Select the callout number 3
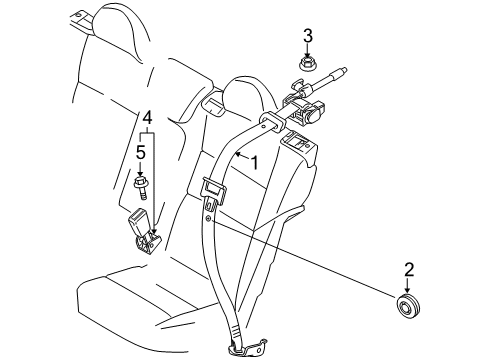(x=308, y=37)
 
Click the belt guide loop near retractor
(x=271, y=122)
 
